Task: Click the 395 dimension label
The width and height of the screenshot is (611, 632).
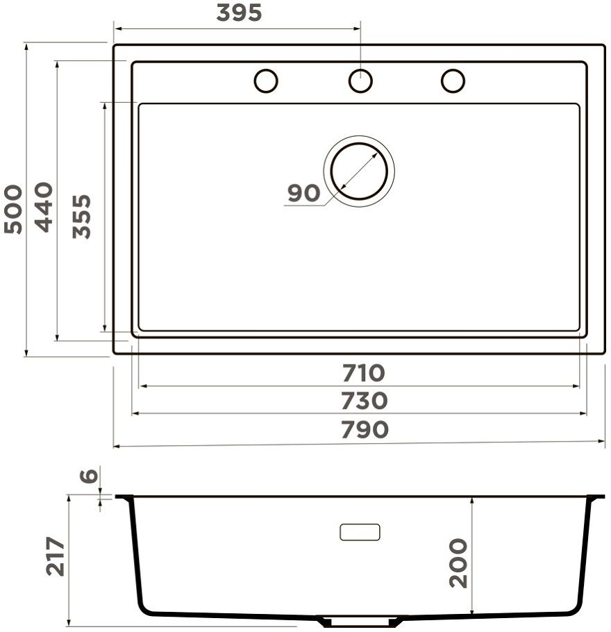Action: [239, 13]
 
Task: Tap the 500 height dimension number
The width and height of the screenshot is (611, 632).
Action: [13, 209]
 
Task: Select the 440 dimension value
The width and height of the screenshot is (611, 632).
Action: [44, 207]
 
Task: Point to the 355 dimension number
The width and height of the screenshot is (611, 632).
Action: [82, 217]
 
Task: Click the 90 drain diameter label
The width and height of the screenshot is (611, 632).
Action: [304, 193]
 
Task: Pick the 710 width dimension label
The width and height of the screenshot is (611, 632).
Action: [364, 373]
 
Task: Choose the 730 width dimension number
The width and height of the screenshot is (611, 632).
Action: [365, 401]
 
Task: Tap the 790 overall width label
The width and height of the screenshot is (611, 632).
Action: [365, 429]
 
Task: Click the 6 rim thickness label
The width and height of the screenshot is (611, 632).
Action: [89, 476]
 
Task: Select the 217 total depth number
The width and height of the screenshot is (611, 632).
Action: [56, 556]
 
